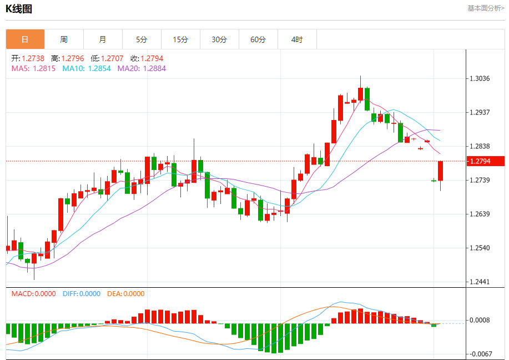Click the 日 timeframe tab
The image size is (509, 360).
pos(25,39)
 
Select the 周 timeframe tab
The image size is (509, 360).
pos(64,39)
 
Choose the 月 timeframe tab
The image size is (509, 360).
pos(103,39)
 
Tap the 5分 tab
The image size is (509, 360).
pos(142,39)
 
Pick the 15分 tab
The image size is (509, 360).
pos(180,39)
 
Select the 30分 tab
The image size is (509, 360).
pos(219,39)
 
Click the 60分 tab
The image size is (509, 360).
pos(259,39)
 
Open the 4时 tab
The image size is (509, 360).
pos(297,39)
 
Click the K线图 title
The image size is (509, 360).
pos(19,9)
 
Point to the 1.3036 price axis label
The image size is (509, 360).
pos(480,78)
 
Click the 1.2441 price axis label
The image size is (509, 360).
pos(480,282)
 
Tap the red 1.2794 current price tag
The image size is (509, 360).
pos(485,161)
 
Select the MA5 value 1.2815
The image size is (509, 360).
pos(44,68)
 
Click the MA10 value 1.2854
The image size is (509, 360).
pos(99,68)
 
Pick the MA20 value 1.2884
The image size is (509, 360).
pos(154,68)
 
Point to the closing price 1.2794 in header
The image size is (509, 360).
pos(152,58)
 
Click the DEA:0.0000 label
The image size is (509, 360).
pos(126,294)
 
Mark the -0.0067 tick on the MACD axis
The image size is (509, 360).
pos(479,354)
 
